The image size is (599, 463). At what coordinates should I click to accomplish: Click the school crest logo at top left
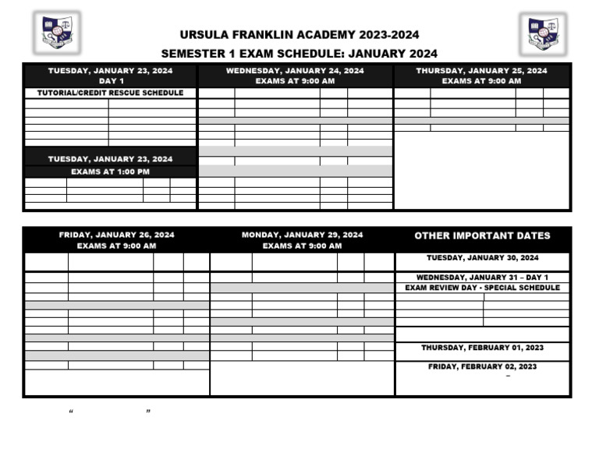tap(57, 33)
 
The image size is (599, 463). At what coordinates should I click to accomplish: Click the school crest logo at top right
tap(543, 34)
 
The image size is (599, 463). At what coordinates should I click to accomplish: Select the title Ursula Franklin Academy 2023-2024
tap(299, 35)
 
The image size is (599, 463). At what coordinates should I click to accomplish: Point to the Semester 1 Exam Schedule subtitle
tap(299, 54)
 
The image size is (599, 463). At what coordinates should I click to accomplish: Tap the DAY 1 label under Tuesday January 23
tap(111, 81)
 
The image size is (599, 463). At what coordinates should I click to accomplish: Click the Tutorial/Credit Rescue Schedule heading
tap(111, 93)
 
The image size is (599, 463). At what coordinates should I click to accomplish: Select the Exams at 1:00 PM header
tap(111, 171)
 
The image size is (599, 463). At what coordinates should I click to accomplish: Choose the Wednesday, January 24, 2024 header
tap(295, 71)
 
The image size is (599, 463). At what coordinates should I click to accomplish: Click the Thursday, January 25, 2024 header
tap(481, 71)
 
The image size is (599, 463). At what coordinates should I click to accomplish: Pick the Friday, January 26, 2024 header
tap(116, 235)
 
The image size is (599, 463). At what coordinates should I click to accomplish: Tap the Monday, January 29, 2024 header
tap(302, 235)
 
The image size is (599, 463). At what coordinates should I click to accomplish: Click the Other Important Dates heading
tap(482, 235)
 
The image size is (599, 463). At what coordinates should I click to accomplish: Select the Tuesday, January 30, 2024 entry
tap(482, 258)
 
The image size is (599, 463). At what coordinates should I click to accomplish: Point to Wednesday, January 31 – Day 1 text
tap(482, 277)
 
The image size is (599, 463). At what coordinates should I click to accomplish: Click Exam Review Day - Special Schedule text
tap(482, 288)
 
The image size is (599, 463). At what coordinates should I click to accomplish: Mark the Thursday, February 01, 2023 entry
tap(482, 348)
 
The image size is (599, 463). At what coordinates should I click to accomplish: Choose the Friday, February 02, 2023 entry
tap(482, 366)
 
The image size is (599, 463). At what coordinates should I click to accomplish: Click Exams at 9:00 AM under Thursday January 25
tap(481, 81)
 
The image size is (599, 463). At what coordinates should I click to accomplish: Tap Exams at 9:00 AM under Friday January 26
tap(116, 246)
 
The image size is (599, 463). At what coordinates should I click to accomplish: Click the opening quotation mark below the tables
tap(71, 411)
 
